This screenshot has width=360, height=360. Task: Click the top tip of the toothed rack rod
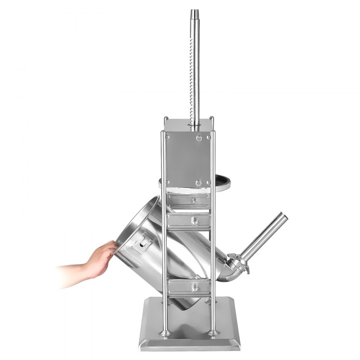pos(195,11)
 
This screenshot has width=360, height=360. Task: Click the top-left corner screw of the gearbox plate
pos(167,136)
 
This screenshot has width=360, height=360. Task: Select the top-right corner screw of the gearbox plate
pos(208,137)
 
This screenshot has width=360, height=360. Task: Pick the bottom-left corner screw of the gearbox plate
pos(167,183)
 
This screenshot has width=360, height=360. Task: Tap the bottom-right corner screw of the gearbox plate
pos(208,183)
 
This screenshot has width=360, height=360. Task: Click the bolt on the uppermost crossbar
pos(195,201)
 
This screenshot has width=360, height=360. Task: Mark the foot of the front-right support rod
pos(213,332)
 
